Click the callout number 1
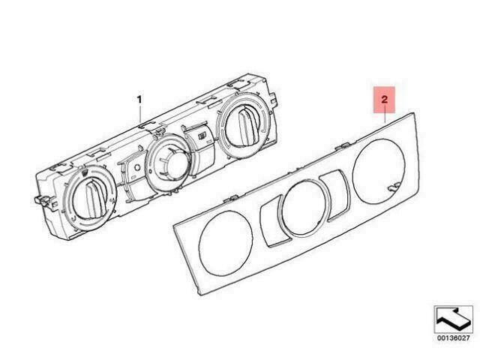(x=139, y=100)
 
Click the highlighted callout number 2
(x=384, y=100)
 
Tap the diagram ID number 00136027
(x=453, y=338)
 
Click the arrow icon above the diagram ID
(x=453, y=319)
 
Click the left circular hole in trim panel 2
(x=226, y=242)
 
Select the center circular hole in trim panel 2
(x=304, y=208)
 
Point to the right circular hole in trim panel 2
(x=379, y=172)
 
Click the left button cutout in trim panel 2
(x=271, y=222)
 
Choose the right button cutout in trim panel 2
(x=335, y=195)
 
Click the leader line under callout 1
(x=140, y=114)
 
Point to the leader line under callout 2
(x=385, y=118)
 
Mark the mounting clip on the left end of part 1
(x=42, y=200)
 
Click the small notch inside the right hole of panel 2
(x=393, y=187)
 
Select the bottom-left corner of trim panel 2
(x=200, y=295)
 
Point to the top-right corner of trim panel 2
(x=414, y=113)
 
